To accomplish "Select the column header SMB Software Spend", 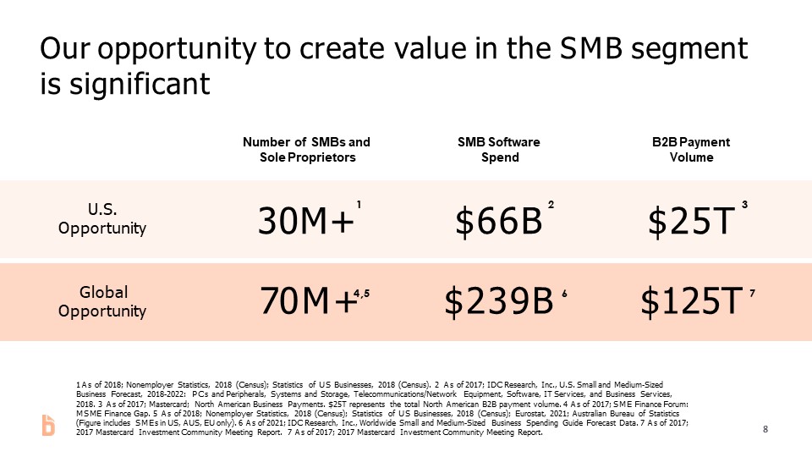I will pyautogui.click(x=497, y=150).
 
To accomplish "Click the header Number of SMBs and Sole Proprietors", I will pyautogui.click(x=306, y=150).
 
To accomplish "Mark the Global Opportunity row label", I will pyautogui.click(x=102, y=301).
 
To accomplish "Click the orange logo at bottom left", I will pyautogui.click(x=48, y=427).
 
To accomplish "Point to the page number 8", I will pyautogui.click(x=765, y=429).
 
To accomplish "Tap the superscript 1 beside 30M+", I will pyautogui.click(x=359, y=205).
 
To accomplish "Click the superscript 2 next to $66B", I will pyautogui.click(x=551, y=205).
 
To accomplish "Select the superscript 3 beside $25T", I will pyautogui.click(x=744, y=205).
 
